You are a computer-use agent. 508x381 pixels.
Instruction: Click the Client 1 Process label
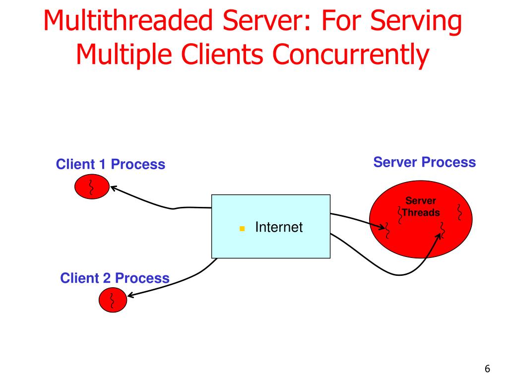point(110,164)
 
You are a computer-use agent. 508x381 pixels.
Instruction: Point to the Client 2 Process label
point(115,278)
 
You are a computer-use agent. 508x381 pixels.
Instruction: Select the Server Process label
point(424,162)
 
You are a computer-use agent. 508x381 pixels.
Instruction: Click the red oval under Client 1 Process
point(91,187)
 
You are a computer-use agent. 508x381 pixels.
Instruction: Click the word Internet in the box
point(278,227)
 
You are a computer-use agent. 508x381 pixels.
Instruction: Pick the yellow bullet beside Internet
point(242,229)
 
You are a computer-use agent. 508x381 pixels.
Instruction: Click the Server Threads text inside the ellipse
point(421,207)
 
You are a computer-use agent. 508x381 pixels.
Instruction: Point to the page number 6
point(487,369)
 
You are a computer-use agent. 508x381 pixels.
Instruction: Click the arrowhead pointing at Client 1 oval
point(113,188)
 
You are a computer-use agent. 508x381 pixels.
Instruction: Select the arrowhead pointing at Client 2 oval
point(130,296)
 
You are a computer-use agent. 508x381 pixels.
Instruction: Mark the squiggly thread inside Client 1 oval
point(91,187)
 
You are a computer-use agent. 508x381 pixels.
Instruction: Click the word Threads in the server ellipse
point(421,213)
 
